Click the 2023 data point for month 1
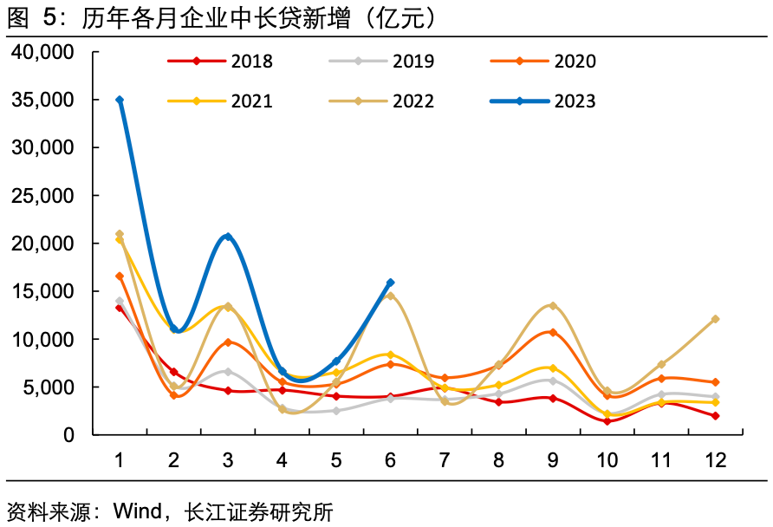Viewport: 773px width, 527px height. tap(120, 100)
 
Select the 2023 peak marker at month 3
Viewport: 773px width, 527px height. tap(228, 236)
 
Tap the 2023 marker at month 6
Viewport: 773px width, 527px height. tap(391, 283)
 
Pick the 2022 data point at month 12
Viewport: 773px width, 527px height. tap(716, 319)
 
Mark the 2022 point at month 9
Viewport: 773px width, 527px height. tap(553, 305)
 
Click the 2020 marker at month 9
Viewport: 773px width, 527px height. tap(553, 332)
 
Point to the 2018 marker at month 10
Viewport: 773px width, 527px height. tap(607, 421)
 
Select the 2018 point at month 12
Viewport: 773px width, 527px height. tap(716, 416)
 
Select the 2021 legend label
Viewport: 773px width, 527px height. tap(251, 101)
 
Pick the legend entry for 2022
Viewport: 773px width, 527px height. tap(413, 101)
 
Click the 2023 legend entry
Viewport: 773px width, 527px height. tap(575, 101)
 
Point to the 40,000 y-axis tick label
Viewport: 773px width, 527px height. tap(43, 53)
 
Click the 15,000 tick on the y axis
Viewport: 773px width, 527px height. tap(43, 291)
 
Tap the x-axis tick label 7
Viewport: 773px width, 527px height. tap(445, 459)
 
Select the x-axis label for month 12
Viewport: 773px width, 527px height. tap(716, 459)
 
